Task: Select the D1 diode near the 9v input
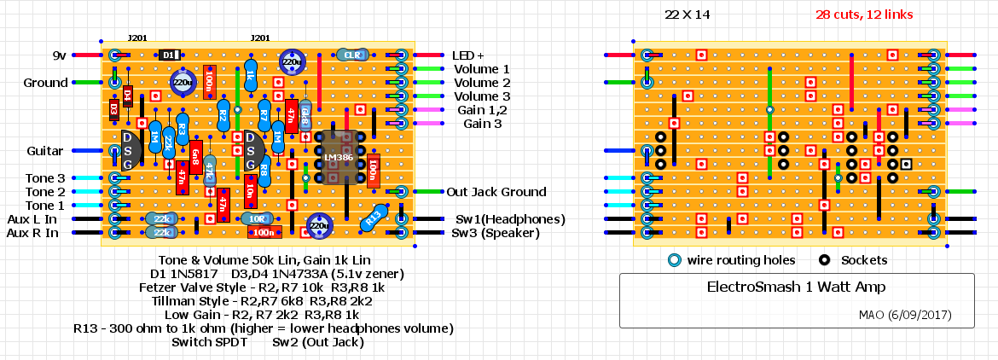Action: tap(168, 55)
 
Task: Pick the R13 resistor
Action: tap(373, 218)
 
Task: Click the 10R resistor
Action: tap(258, 218)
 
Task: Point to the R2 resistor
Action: tap(223, 114)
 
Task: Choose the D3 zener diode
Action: tap(114, 109)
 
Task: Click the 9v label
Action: tap(59, 55)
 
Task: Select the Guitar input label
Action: tap(44, 151)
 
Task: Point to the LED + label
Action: tap(469, 55)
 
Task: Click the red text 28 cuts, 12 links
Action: tap(863, 15)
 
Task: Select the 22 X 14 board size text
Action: tap(687, 15)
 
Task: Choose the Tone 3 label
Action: tap(44, 178)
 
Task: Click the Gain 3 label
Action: tap(482, 124)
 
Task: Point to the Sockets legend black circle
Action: tap(825, 260)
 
